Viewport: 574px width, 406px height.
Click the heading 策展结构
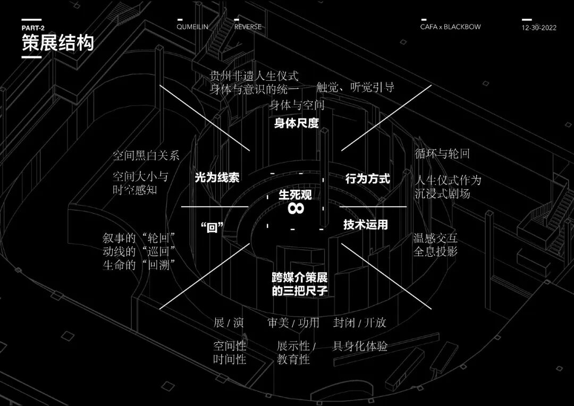pyautogui.click(x=57, y=43)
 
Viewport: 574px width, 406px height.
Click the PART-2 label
pyautogui.click(x=33, y=28)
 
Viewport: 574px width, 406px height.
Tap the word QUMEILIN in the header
pyautogui.click(x=193, y=27)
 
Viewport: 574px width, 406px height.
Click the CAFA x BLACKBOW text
pyautogui.click(x=450, y=27)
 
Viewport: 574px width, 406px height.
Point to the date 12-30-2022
pyautogui.click(x=539, y=28)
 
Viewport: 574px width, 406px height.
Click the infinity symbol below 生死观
pyautogui.click(x=296, y=208)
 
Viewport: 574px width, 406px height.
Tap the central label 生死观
pyautogui.click(x=295, y=194)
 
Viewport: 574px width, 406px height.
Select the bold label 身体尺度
pyautogui.click(x=297, y=123)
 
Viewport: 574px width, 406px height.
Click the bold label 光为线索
pyautogui.click(x=217, y=178)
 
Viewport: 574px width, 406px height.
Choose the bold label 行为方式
pyautogui.click(x=367, y=179)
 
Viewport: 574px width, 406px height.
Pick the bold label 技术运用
pyautogui.click(x=366, y=224)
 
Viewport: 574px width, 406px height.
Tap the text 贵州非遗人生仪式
pyautogui.click(x=254, y=75)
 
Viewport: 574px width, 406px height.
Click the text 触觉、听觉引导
pyautogui.click(x=355, y=88)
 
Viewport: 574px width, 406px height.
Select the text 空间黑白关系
pyautogui.click(x=146, y=156)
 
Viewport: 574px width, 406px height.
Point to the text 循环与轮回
pyautogui.click(x=442, y=155)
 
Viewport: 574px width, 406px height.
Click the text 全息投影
pyautogui.click(x=435, y=251)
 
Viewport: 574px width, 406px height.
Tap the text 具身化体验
pyautogui.click(x=360, y=346)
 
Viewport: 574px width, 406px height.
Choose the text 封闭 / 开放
pyautogui.click(x=360, y=323)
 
